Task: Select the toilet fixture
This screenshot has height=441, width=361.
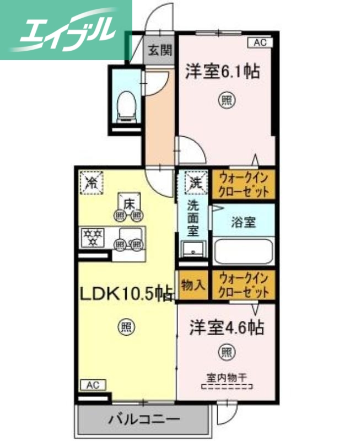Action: [x=127, y=105]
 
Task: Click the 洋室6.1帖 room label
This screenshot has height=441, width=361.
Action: [x=223, y=72]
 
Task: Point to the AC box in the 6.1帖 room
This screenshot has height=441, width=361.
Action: [x=260, y=41]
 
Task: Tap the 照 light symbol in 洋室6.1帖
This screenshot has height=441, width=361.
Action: [x=226, y=100]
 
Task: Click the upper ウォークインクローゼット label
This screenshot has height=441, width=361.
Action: [x=244, y=184]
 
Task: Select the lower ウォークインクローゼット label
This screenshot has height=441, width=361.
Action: [x=244, y=285]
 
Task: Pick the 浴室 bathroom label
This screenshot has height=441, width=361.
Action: [x=243, y=222]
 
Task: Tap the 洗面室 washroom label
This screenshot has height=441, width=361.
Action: [x=193, y=217]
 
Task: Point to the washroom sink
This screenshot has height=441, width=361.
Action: [x=193, y=250]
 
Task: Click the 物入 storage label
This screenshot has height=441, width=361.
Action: [x=193, y=285]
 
